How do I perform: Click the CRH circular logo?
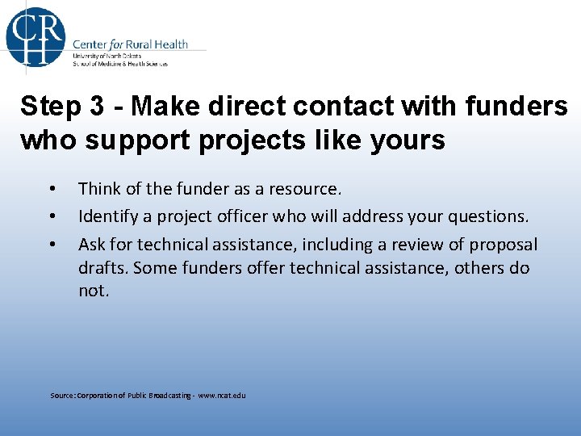tap(36, 36)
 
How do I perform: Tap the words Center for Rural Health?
tap(130, 44)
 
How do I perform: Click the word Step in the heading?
tap(50, 105)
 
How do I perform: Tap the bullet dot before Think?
tap(52, 190)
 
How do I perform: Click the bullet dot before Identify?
tap(52, 216)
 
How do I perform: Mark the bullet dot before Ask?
tap(52, 244)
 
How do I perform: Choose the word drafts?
tap(102, 267)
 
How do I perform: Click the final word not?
tap(92, 291)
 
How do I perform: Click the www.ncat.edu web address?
tap(222, 396)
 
